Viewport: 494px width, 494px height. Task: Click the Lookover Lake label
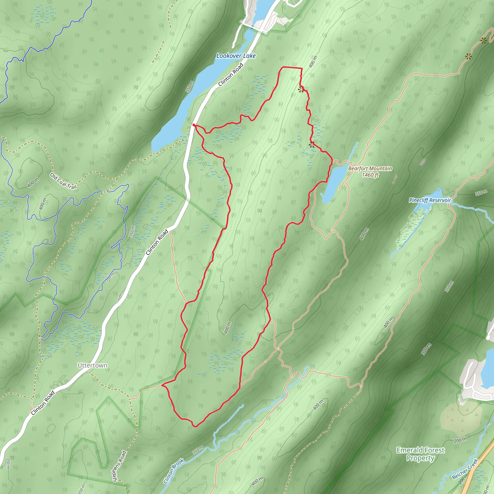click(236, 56)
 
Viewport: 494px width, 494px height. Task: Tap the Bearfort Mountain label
click(370, 169)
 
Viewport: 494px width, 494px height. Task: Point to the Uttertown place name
click(92, 365)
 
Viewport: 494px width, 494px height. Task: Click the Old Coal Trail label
click(63, 181)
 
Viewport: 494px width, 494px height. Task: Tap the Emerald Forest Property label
click(420, 454)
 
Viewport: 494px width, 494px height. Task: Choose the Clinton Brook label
click(174, 471)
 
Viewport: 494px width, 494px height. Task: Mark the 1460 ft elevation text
click(370, 175)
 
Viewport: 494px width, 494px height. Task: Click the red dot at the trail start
click(194, 125)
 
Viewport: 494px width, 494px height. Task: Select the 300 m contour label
click(426, 349)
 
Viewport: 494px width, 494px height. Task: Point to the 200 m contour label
click(460, 440)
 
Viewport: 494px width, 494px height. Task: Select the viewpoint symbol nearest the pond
click(312, 145)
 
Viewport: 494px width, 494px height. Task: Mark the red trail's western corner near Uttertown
click(162, 385)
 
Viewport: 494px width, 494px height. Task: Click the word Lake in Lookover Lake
click(249, 56)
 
